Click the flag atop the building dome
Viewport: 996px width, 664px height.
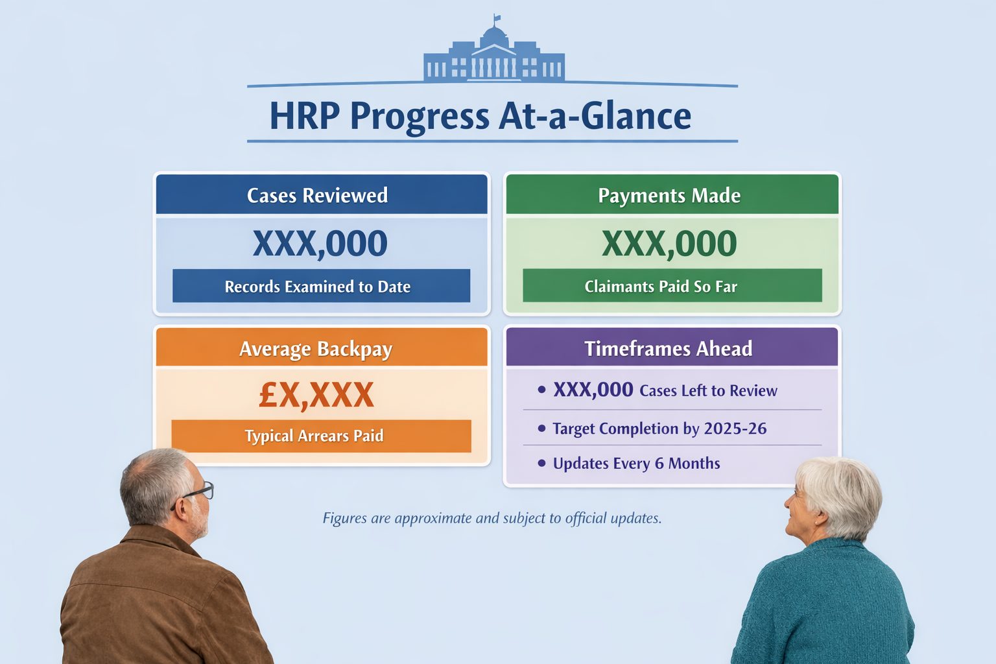pyautogui.click(x=497, y=18)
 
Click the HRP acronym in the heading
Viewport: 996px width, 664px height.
pyautogui.click(x=305, y=115)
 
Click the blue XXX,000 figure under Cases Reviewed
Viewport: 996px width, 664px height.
pyautogui.click(x=320, y=244)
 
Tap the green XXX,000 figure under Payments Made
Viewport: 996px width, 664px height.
pyautogui.click(x=669, y=244)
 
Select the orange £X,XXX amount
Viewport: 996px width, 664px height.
pyautogui.click(x=316, y=395)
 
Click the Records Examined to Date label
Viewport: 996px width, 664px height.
pyautogui.click(x=318, y=287)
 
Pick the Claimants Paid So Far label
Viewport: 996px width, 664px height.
pyautogui.click(x=661, y=287)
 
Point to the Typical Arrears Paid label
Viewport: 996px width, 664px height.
pyautogui.click(x=314, y=436)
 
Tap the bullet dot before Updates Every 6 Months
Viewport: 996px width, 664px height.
pyautogui.click(x=541, y=463)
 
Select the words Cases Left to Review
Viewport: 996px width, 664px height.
pyautogui.click(x=708, y=390)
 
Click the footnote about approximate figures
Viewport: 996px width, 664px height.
pyautogui.click(x=492, y=518)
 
